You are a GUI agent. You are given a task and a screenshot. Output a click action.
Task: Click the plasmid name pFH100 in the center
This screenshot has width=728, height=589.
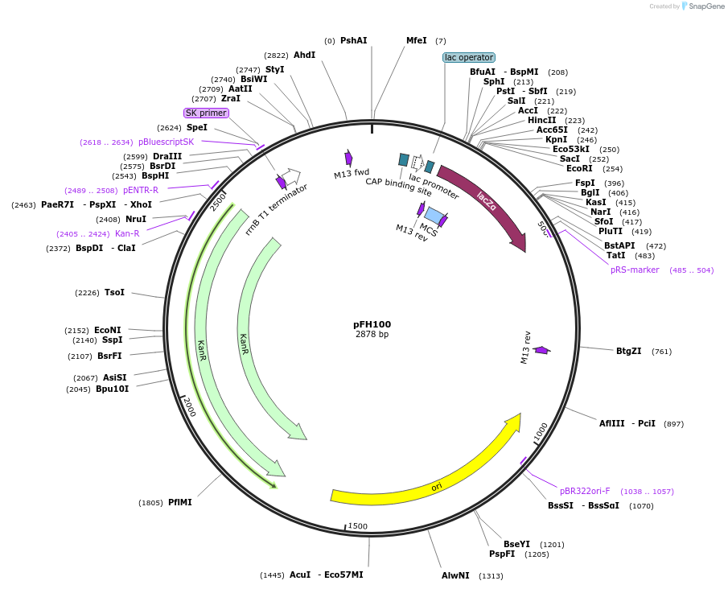[372, 324]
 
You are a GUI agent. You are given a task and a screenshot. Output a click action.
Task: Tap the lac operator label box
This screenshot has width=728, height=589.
[469, 57]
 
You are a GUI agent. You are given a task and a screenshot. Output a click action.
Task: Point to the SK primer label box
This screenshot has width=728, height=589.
[206, 113]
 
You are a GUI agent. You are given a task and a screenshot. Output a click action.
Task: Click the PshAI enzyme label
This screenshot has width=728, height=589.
[353, 40]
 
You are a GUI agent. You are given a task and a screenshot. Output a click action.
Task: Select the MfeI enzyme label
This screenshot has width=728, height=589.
[416, 40]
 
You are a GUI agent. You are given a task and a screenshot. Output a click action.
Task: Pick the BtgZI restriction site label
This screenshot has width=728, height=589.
[628, 351]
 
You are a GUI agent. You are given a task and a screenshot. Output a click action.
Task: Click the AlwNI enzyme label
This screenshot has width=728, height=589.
[455, 575]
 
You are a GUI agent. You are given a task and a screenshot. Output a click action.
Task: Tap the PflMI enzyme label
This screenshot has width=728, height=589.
[179, 502]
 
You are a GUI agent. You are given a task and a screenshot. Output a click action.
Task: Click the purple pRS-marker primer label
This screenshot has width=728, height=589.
[635, 270]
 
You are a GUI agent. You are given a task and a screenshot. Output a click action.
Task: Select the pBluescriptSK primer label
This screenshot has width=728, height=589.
[166, 142]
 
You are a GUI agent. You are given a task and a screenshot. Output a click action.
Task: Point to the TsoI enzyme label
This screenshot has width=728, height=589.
[114, 292]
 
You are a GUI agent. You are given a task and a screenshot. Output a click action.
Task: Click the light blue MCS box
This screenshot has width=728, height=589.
[433, 216]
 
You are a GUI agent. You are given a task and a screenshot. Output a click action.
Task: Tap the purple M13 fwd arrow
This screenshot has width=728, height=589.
[349, 158]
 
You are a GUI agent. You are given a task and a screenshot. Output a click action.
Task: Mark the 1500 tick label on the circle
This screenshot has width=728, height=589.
[358, 526]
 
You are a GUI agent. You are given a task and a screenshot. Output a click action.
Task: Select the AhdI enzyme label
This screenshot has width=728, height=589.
[304, 55]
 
